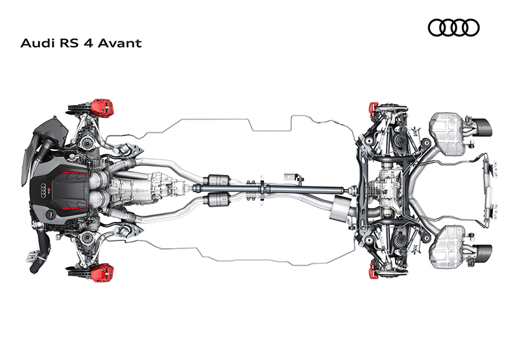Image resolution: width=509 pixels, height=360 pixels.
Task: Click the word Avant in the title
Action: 120,43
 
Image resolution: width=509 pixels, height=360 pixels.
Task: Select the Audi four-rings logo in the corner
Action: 454,27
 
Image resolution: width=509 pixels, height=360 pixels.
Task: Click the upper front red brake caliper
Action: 102,107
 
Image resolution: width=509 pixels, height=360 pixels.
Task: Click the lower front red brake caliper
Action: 102,272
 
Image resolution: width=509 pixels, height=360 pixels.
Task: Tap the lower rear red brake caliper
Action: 373,271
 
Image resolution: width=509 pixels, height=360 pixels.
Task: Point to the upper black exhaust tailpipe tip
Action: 484,128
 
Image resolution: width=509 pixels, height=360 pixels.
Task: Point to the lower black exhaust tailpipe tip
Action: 484,254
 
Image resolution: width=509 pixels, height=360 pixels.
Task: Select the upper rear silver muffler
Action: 447,134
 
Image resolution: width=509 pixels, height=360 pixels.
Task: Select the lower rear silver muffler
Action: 447,247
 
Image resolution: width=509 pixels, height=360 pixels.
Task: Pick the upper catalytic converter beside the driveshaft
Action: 218,180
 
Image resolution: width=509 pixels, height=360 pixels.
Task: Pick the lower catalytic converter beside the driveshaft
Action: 218,198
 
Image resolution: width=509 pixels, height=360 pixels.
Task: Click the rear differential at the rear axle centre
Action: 386,190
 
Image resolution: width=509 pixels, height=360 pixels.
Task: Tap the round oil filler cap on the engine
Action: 51,214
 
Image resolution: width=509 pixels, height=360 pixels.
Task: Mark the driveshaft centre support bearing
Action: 262,189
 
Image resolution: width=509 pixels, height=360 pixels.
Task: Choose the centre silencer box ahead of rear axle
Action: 340,208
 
